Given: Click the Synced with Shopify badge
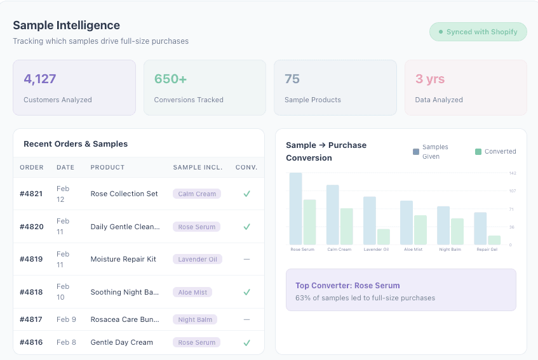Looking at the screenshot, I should coord(478,32).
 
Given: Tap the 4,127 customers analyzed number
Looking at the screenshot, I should coord(40,79).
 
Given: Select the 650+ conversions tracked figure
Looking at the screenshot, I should coord(170,79).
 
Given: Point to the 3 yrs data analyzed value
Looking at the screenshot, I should coord(430,79).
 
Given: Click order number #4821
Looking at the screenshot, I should coord(31,194).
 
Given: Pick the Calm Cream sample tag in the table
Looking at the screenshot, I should coord(197,194).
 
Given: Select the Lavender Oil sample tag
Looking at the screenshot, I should coord(198,259).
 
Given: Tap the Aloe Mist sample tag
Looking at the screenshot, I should coord(192,292).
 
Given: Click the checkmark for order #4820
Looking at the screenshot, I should coord(246,227).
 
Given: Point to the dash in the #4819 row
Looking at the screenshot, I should coord(246,259).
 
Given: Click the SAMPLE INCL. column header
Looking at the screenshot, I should coord(198,168).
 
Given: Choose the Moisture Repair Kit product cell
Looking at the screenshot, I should coord(123,259).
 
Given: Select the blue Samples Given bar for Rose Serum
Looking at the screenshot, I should coord(295,210).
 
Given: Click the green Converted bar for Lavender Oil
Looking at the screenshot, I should coord(384,237).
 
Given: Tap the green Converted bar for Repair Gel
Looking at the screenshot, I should coord(494,240).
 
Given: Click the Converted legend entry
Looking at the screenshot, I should coord(495,152).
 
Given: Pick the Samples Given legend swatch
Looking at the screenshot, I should coord(416,152).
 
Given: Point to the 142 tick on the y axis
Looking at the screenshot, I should coord(513,173).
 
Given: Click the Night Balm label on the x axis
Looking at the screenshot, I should coord(450,250).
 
